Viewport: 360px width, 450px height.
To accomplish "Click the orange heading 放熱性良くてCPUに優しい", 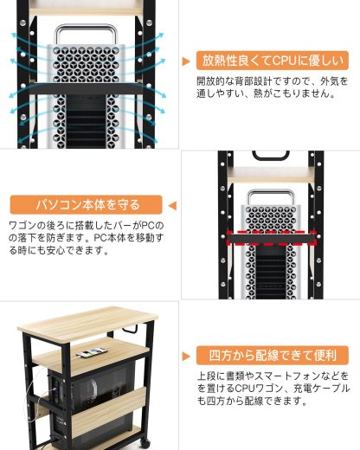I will pyautogui.click(x=273, y=61).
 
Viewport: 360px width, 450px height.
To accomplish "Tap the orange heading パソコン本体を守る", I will pyautogui.click(x=87, y=205).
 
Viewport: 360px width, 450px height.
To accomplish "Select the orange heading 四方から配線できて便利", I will pyautogui.click(x=273, y=355).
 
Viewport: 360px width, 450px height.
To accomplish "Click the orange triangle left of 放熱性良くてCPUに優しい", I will pyautogui.click(x=186, y=61).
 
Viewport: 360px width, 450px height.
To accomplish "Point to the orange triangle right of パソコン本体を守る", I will pyautogui.click(x=172, y=206).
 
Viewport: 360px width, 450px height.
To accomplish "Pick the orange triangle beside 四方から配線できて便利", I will pyautogui.click(x=186, y=356).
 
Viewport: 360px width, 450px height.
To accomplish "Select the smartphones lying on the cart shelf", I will pyautogui.click(x=91, y=352).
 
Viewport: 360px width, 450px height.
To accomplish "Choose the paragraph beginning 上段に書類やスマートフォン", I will pyautogui.click(x=272, y=389).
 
